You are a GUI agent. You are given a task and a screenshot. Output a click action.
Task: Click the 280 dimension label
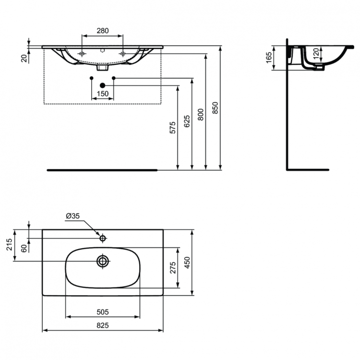click(x=103, y=31)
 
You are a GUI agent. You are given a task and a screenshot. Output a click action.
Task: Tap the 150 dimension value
click(x=103, y=94)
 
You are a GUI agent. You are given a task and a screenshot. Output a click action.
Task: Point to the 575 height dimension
click(x=173, y=127)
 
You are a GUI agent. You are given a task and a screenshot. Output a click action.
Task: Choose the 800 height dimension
click(x=201, y=114)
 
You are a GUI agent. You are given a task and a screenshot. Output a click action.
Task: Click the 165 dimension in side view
click(x=268, y=58)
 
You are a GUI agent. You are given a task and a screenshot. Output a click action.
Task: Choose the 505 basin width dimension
click(x=103, y=311)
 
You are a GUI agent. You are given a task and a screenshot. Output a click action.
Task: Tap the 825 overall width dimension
click(x=103, y=325)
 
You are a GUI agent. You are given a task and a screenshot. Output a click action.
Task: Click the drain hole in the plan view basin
click(x=103, y=261)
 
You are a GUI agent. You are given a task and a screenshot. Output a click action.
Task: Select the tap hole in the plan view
click(x=103, y=238)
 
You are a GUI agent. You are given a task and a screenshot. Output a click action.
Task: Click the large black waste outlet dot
click(x=102, y=85)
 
